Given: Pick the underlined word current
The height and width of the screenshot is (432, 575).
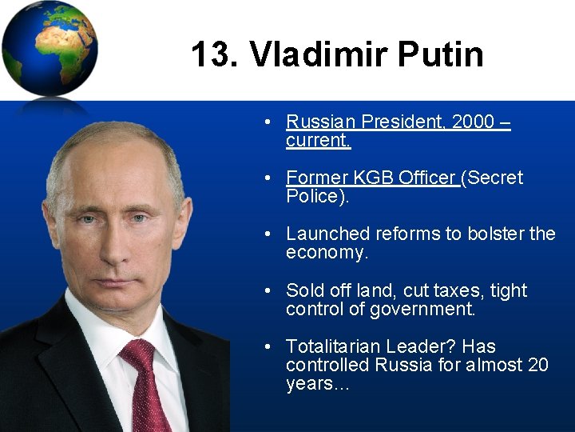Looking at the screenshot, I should [x=318, y=141].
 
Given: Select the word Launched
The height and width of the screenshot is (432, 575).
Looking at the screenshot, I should [x=326, y=234].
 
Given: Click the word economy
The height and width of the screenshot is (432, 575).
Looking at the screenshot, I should [x=324, y=253].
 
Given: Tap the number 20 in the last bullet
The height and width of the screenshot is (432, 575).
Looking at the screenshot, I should [x=537, y=365].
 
